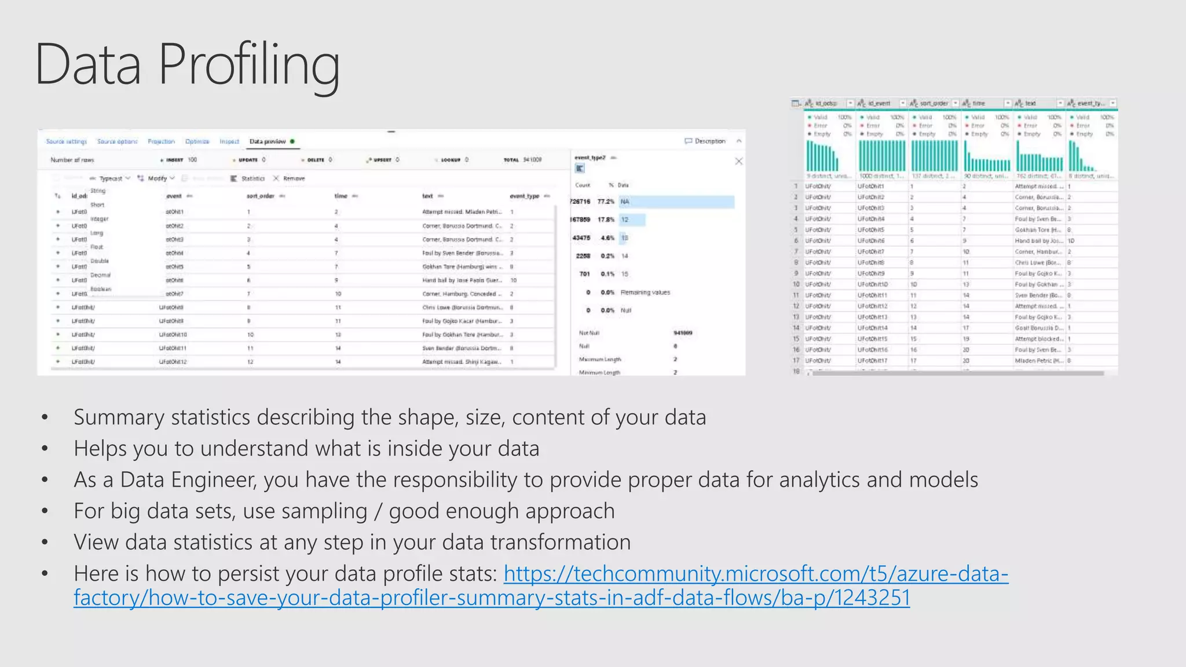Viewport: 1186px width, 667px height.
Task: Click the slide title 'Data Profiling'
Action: click(x=187, y=65)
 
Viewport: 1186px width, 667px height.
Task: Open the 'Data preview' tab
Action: click(x=268, y=141)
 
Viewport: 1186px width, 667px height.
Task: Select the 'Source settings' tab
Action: click(x=67, y=141)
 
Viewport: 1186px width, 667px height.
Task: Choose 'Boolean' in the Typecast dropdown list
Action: click(x=101, y=289)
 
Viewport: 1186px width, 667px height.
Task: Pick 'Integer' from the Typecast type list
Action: click(x=100, y=219)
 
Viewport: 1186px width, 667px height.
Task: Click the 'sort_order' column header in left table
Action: click(x=261, y=196)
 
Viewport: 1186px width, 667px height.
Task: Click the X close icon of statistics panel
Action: click(x=738, y=162)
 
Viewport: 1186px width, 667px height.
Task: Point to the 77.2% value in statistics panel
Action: click(x=606, y=201)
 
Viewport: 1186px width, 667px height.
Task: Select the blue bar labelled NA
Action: click(x=676, y=201)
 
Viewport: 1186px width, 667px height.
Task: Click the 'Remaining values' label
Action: click(x=645, y=292)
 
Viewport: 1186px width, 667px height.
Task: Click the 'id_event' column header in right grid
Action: click(x=879, y=104)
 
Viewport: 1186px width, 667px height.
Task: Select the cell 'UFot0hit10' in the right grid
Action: click(x=873, y=284)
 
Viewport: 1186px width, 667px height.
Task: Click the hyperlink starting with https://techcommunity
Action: click(x=756, y=574)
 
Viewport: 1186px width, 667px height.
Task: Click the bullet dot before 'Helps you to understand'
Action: click(x=45, y=449)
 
